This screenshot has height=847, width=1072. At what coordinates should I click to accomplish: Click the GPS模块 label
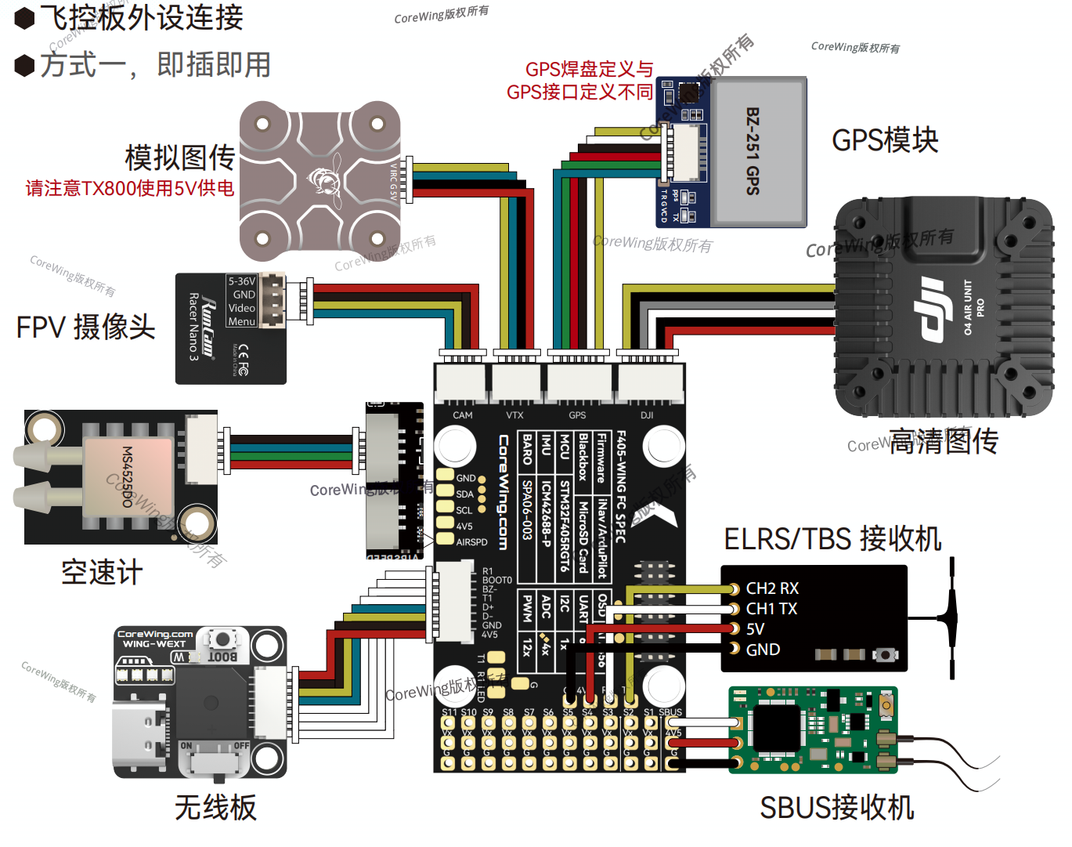point(885,140)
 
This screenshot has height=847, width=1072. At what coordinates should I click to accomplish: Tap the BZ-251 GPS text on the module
point(753,150)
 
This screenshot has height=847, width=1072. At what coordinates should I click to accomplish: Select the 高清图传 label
point(944,441)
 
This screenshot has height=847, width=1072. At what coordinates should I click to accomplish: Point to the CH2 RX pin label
point(771,588)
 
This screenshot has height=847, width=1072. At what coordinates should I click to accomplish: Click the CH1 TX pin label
point(771,609)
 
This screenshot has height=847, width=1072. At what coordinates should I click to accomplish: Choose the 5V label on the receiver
point(755,629)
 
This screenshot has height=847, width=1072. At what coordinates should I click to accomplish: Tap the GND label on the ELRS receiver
point(763,650)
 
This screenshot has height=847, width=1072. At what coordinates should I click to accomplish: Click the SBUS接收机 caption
point(836,808)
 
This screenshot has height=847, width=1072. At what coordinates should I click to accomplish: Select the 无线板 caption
point(215,808)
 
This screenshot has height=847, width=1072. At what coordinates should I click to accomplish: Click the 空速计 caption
point(102,573)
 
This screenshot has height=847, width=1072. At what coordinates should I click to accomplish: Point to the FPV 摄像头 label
point(86,328)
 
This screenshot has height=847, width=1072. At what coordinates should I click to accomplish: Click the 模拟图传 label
point(180,157)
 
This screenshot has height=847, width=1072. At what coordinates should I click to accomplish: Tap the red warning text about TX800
point(130,189)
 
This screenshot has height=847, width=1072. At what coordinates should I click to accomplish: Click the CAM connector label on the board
point(463,415)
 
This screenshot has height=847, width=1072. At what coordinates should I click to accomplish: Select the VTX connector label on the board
point(514,415)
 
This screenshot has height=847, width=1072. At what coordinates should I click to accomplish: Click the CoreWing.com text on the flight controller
point(504,492)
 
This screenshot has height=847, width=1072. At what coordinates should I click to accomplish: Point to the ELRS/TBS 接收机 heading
point(832,539)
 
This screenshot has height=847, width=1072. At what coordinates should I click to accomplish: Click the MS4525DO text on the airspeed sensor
point(128,476)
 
